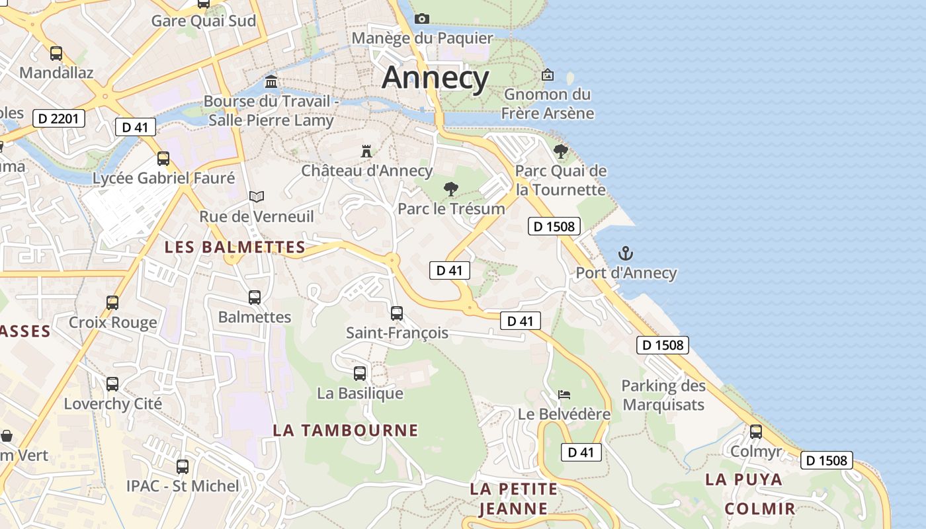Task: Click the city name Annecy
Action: [435, 77]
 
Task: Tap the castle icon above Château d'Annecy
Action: [366, 151]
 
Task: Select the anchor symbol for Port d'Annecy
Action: [625, 253]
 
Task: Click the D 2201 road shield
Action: [59, 119]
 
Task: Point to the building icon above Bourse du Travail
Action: [271, 81]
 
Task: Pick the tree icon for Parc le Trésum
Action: [451, 189]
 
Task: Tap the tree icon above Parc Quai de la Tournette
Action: [561, 151]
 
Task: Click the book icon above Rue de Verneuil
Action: [257, 196]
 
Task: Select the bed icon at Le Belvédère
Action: [564, 395]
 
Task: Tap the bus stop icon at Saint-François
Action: [397, 313]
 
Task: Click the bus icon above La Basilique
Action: [360, 374]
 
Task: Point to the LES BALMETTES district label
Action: [235, 247]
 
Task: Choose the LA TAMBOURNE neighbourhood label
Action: [345, 430]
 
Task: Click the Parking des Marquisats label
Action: [663, 395]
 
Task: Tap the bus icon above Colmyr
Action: [756, 432]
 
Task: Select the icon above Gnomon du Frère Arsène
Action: [548, 75]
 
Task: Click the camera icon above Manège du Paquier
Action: [422, 19]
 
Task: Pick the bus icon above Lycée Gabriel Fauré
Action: [163, 159]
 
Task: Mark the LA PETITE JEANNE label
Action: [513, 499]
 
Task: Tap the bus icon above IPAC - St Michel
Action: [183, 466]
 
